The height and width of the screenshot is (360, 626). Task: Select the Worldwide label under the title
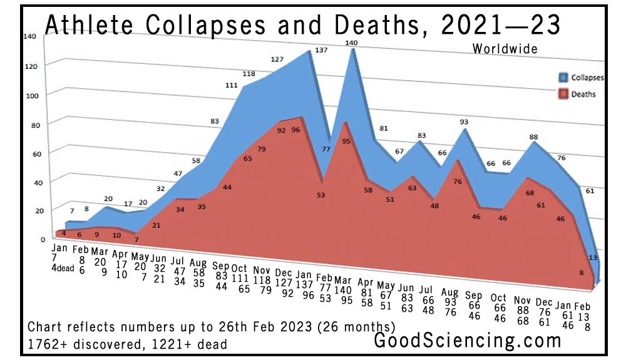[x=505, y=48]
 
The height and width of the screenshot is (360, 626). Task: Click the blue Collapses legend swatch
[x=562, y=78]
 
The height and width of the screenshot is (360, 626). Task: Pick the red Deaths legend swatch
[x=562, y=95]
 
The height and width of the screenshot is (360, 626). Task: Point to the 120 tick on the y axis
[x=31, y=65]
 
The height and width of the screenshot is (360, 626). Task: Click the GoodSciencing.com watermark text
[x=467, y=341]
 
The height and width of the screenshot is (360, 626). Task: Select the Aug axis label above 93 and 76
[x=449, y=292]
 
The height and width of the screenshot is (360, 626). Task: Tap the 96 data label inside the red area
[x=296, y=130]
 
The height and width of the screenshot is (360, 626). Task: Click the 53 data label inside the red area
[x=321, y=195]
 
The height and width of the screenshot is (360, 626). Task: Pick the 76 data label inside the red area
[x=457, y=182]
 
